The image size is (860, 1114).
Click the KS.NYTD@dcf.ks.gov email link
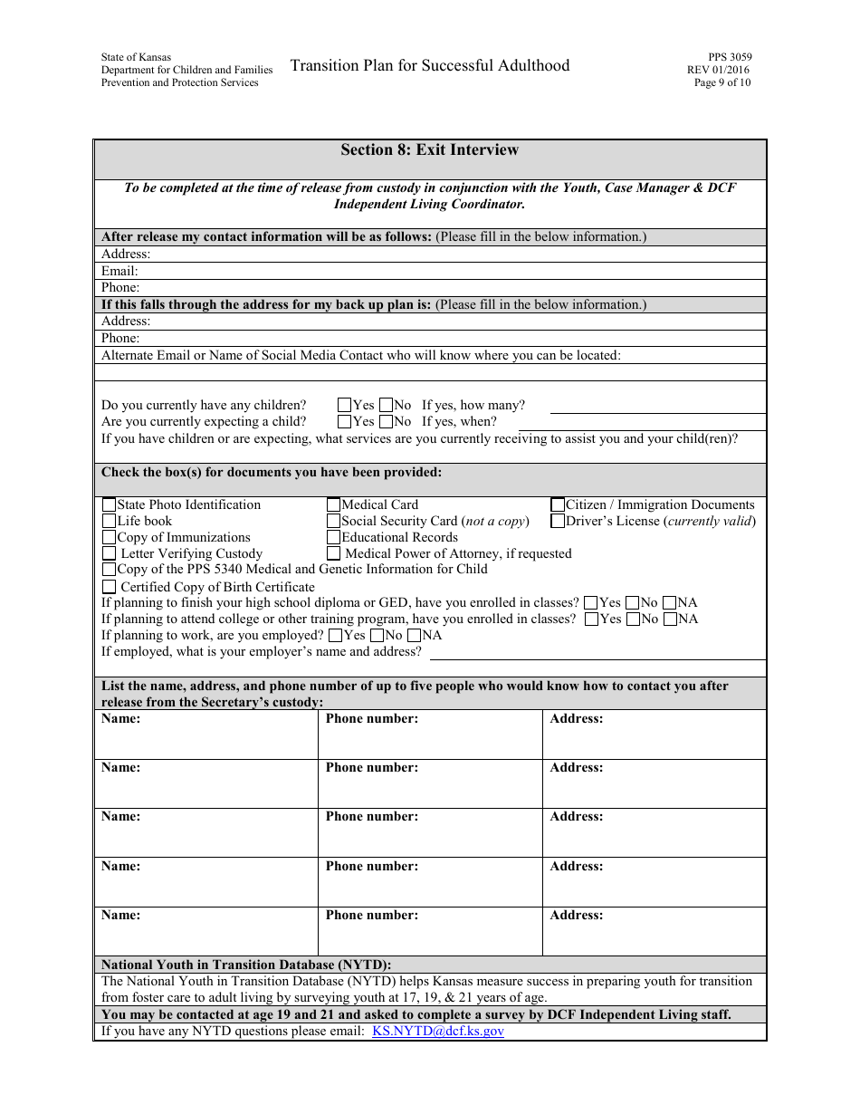point(438,1031)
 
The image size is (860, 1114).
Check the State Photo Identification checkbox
point(110,504)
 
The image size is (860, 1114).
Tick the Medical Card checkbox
point(334,504)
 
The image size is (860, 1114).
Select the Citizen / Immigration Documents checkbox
point(559,504)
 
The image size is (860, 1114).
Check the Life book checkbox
point(110,521)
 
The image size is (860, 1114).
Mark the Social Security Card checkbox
point(334,521)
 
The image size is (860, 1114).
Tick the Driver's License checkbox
point(559,521)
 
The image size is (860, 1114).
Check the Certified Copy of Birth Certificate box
point(110,587)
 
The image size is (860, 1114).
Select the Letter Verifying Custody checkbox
point(110,553)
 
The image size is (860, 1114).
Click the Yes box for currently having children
point(345,406)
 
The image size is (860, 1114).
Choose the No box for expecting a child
point(387,421)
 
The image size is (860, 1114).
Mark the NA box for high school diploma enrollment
point(670,602)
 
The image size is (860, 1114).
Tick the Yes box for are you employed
point(336,636)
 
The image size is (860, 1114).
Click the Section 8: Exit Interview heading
point(430,150)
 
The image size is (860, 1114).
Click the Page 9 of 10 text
point(721,82)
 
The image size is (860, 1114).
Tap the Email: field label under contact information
point(119,271)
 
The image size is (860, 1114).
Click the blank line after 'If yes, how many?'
point(657,407)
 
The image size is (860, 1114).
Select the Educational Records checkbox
point(334,537)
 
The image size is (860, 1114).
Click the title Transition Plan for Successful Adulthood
point(430,65)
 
